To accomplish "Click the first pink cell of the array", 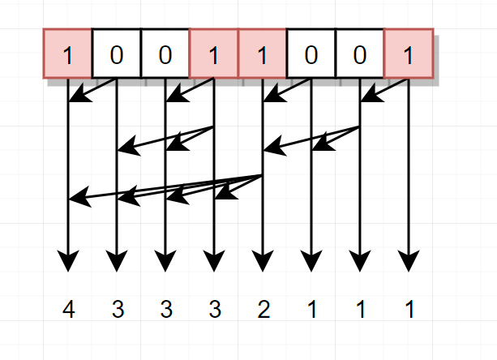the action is [68, 54].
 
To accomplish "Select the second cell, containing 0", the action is [117, 54].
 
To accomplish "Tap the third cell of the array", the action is [165, 54].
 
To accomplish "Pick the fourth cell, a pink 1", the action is [214, 54].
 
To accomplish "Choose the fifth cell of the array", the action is [263, 54].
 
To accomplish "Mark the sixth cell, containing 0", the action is [311, 54].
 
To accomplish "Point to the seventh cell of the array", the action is [360, 54].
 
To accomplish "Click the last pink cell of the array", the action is [409, 54].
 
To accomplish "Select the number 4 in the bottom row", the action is [69, 310].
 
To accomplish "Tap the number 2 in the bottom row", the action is [263, 310].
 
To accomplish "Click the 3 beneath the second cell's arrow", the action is [118, 310].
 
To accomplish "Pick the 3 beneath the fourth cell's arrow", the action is [214, 310].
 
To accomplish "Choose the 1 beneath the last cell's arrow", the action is [409, 310].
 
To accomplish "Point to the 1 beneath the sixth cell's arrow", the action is [311, 310].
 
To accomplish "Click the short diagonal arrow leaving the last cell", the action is [384, 91].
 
